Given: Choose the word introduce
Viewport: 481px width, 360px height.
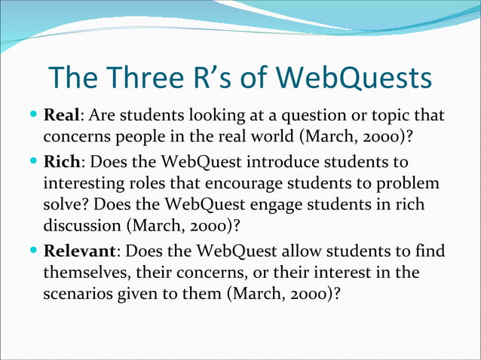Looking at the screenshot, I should pos(286,163).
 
